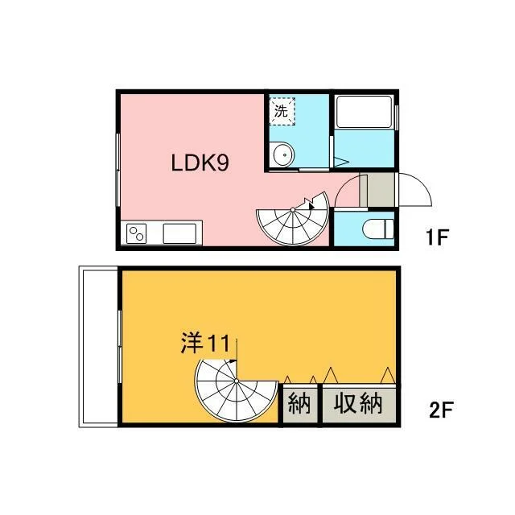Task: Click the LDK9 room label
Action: click(200, 163)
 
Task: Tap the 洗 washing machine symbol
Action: click(282, 111)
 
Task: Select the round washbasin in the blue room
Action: click(282, 154)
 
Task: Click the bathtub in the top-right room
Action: click(365, 112)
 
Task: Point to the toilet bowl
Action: click(378, 229)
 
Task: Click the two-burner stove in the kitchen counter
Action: click(137, 233)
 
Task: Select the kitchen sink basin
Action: click(179, 233)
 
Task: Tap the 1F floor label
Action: click(437, 237)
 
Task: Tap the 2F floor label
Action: click(441, 410)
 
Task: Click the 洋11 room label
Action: click(206, 344)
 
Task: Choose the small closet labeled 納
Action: click(299, 404)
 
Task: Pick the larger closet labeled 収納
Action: click(359, 404)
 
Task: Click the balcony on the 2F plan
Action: click(98, 347)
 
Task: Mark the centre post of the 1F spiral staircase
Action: click(293, 209)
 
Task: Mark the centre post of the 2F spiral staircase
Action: click(237, 381)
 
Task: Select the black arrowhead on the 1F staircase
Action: click(311, 206)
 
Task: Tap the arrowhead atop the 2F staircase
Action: click(233, 361)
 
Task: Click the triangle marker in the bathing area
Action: click(340, 162)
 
